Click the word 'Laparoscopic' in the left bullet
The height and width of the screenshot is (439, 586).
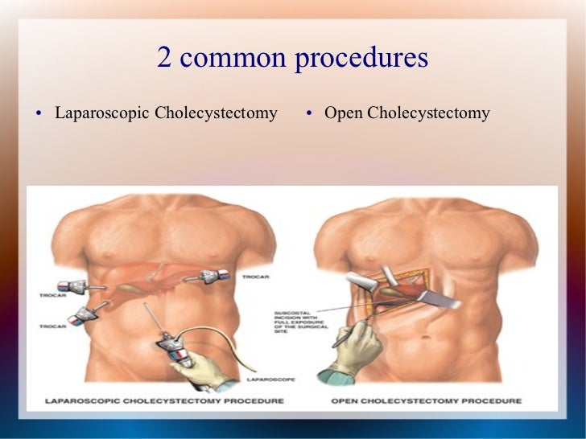(x=101, y=113)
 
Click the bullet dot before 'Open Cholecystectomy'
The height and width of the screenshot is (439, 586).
(x=309, y=113)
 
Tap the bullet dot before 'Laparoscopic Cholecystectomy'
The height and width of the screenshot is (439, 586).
(x=39, y=113)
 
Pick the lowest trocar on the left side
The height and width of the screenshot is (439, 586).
(x=84, y=315)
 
